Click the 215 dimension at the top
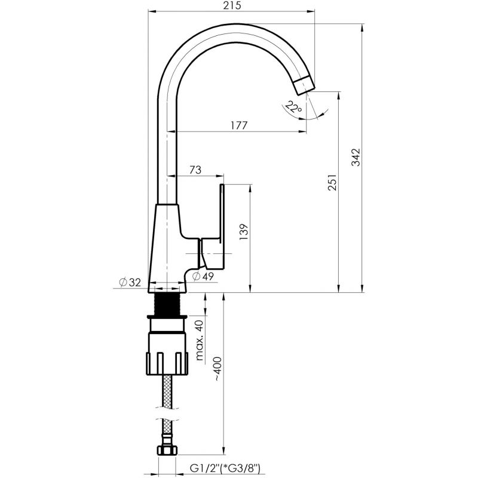coord(232,5)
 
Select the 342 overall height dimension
coord(356,157)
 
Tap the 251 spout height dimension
coord(332,182)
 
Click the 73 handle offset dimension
coord(195,170)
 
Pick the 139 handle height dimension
coord(244,232)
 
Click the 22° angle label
coord(293,107)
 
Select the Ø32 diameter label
coord(130,283)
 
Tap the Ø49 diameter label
coord(203,276)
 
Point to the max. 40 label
coord(200,341)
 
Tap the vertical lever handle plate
coord(222,226)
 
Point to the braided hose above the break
coord(167,391)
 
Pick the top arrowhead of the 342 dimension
coord(362,27)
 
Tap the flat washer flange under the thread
coord(167,317)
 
